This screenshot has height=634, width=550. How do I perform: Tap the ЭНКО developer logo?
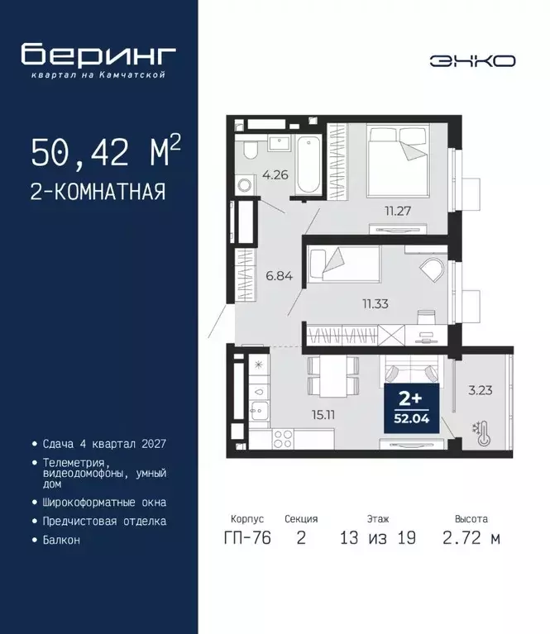click(x=472, y=61)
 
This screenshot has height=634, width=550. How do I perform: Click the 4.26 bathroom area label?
click(x=275, y=175)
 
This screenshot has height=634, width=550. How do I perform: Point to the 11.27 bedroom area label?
click(x=398, y=211)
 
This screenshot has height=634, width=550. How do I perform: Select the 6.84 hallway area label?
click(x=280, y=276)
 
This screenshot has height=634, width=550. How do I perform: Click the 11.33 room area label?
click(x=375, y=303)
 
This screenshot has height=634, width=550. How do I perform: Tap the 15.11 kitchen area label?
click(x=323, y=414)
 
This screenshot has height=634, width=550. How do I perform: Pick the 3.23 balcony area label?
click(x=481, y=390)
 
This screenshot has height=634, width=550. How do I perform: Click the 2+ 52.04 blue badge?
click(x=412, y=408)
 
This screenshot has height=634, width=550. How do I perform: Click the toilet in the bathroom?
click(x=251, y=150)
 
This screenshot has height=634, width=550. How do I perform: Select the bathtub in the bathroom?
click(x=308, y=164)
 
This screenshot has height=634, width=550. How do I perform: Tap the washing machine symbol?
click(x=245, y=186)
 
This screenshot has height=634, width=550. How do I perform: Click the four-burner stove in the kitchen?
click(x=283, y=439)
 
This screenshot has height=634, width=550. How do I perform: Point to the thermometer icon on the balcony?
click(x=482, y=433)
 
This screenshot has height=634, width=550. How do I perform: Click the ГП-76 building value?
click(x=247, y=538)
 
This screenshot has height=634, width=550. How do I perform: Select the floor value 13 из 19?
click(x=378, y=538)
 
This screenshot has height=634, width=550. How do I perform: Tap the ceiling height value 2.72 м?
click(x=471, y=538)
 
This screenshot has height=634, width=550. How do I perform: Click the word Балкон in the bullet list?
click(x=61, y=540)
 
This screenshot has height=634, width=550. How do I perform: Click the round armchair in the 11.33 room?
click(x=433, y=269)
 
